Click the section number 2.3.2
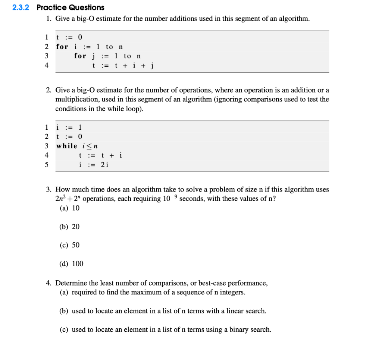[x=21, y=7]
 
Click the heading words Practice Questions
[x=71, y=7]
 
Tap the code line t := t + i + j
[x=123, y=66]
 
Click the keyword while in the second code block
[x=67, y=146]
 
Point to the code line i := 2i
[x=94, y=165]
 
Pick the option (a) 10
[x=70, y=208]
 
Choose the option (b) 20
[x=70, y=227]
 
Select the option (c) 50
[x=70, y=245]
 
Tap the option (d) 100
[x=72, y=263]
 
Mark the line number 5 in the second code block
[x=47, y=165]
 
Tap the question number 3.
[x=48, y=189]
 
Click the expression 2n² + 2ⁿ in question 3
[x=67, y=198]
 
